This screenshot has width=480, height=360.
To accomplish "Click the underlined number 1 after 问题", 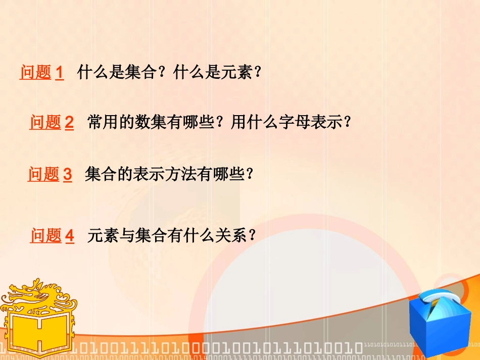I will coord(59,73).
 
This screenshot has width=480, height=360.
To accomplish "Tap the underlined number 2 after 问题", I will coord(69,123).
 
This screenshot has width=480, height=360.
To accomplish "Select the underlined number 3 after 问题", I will coord(67,175).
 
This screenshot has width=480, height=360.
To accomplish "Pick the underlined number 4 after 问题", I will coord(70,236).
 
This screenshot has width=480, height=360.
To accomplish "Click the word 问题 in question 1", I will coord(35,73).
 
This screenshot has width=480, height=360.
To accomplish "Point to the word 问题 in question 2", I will coord(45,123).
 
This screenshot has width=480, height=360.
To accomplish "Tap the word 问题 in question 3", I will coord(43,175).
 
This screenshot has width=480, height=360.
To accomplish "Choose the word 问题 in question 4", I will coord(46,236).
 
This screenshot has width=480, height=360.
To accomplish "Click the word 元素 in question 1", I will coord(237,73).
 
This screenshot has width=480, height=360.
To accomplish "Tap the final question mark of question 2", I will coord(347,123).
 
